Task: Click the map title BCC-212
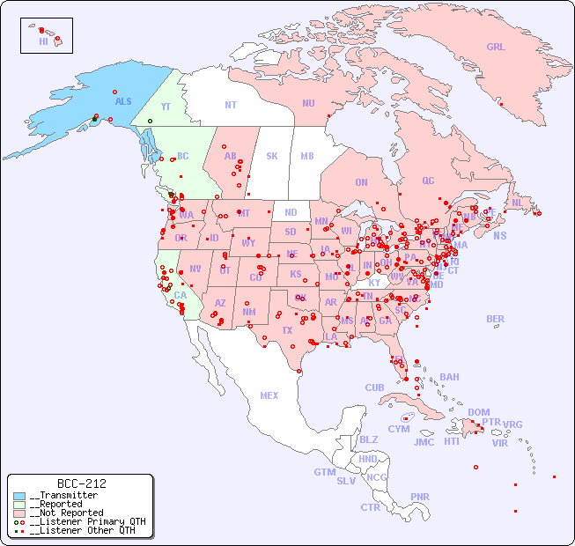pyautogui.click(x=81, y=483)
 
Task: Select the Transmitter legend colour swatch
pyautogui.click(x=19, y=496)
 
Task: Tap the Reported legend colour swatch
pyautogui.click(x=19, y=505)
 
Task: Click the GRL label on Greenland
pyautogui.click(x=496, y=48)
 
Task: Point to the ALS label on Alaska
pyautogui.click(x=123, y=101)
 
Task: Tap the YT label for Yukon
pyautogui.click(x=166, y=107)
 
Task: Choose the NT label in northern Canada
pyautogui.click(x=230, y=105)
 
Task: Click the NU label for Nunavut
pyautogui.click(x=308, y=103)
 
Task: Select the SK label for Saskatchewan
pyautogui.click(x=272, y=156)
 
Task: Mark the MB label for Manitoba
pyautogui.click(x=306, y=156)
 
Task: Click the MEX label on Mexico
pyautogui.click(x=269, y=395)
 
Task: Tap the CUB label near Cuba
pyautogui.click(x=374, y=387)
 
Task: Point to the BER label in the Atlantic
pyautogui.click(x=495, y=319)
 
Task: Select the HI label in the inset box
pyautogui.click(x=43, y=41)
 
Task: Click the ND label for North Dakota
pyautogui.click(x=291, y=212)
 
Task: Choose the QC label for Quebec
pyautogui.click(x=428, y=181)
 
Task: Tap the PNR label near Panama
pyautogui.click(x=420, y=497)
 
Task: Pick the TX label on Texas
pyautogui.click(x=286, y=330)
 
